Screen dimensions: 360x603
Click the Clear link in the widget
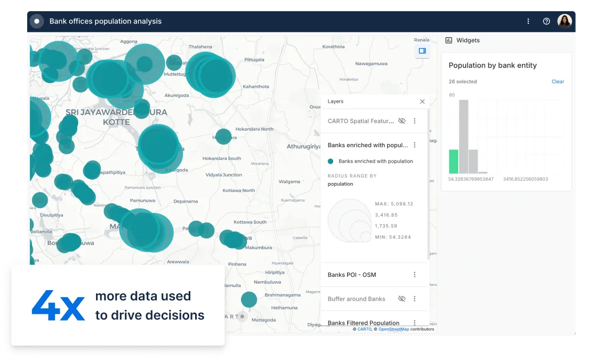tap(558, 82)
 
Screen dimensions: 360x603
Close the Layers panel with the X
tap(422, 101)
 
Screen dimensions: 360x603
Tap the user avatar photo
tap(565, 21)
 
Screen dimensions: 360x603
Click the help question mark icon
tap(546, 21)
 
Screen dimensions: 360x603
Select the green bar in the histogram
tap(454, 161)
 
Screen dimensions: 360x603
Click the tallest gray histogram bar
tap(464, 137)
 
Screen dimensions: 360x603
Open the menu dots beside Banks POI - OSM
tap(415, 275)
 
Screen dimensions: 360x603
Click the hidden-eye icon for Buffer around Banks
tap(402, 299)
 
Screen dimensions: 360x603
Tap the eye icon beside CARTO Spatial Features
tap(402, 121)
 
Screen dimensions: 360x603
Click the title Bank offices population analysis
tap(106, 21)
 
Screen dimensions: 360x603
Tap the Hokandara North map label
tap(255, 129)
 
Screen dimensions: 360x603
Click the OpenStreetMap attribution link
tap(393, 329)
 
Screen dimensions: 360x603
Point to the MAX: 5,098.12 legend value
tap(394, 204)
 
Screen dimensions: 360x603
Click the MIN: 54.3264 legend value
tap(393, 237)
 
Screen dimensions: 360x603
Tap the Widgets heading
tap(468, 41)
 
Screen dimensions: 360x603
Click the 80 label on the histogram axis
tap(452, 95)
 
